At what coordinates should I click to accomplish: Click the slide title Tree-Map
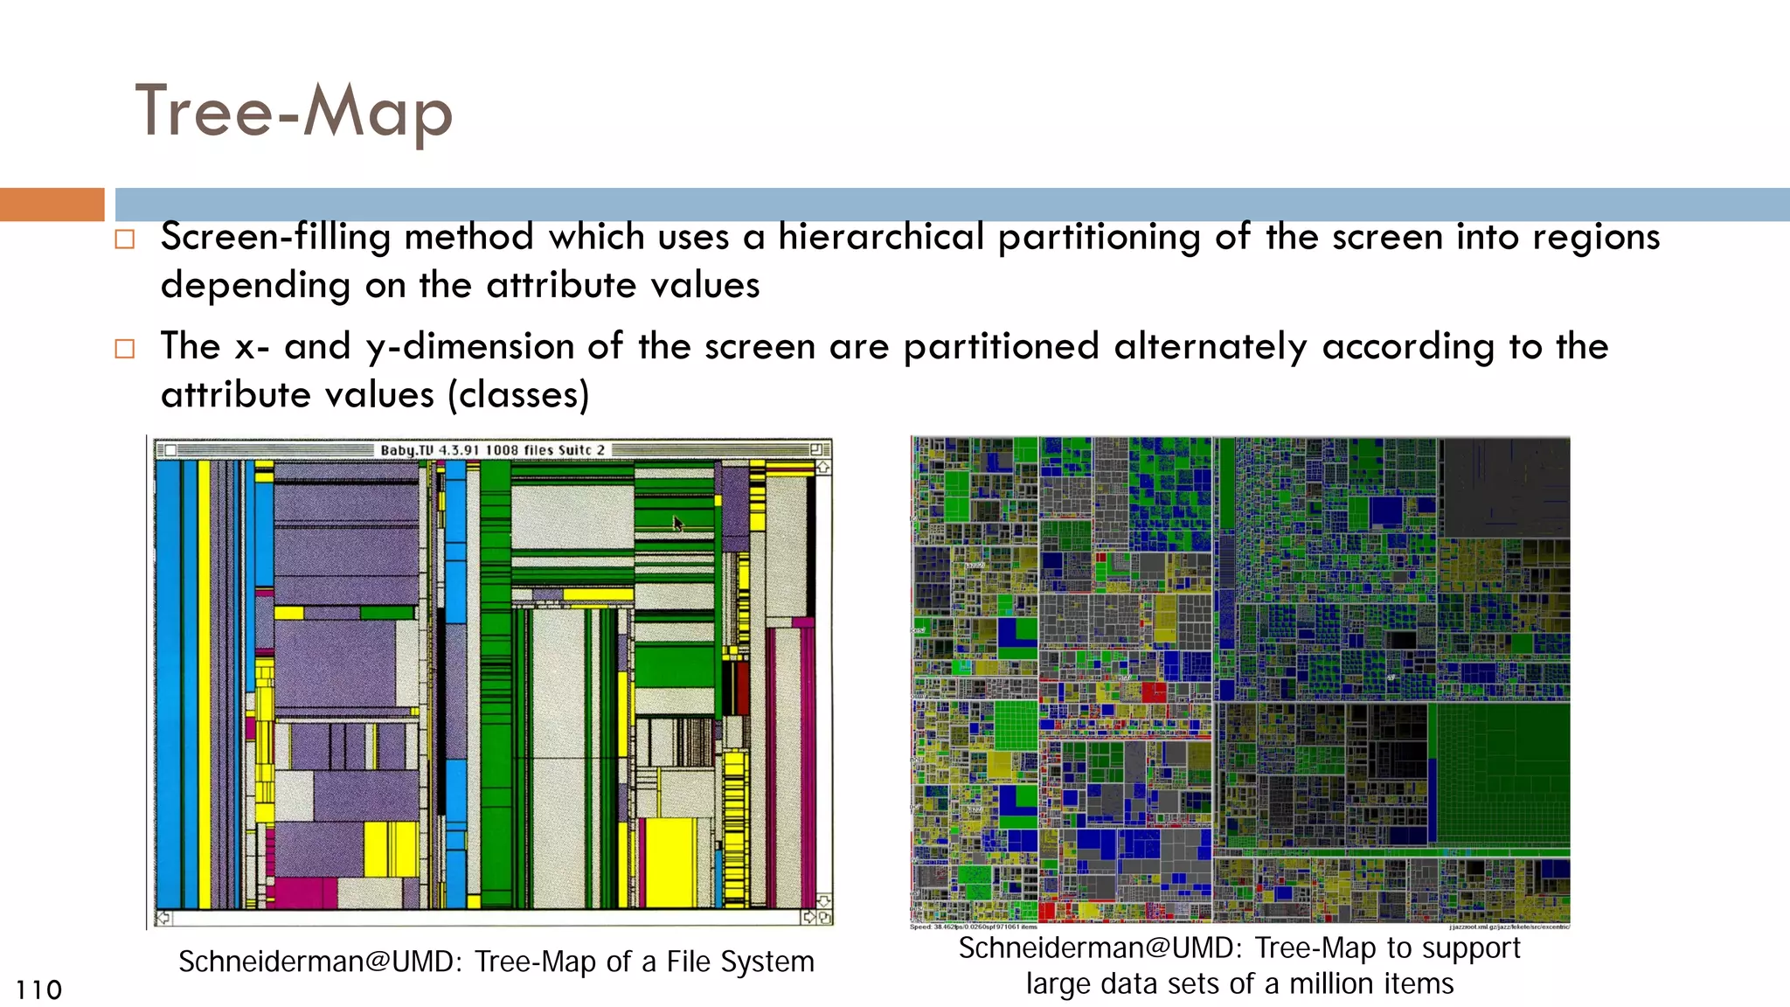294,112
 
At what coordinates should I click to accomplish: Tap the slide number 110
38,990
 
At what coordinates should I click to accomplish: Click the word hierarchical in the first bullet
880,237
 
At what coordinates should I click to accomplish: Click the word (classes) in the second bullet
518,395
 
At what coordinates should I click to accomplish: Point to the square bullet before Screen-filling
125,240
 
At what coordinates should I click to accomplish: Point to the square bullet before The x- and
125,349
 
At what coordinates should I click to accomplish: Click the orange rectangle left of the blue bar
52,205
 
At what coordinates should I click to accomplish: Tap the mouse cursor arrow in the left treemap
677,524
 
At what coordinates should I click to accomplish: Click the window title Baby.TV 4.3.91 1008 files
492,450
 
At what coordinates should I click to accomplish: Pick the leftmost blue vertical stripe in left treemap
168,682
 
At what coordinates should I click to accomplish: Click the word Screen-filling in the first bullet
275,237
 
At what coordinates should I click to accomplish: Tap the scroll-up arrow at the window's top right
823,468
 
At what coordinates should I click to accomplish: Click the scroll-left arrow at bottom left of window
163,918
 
